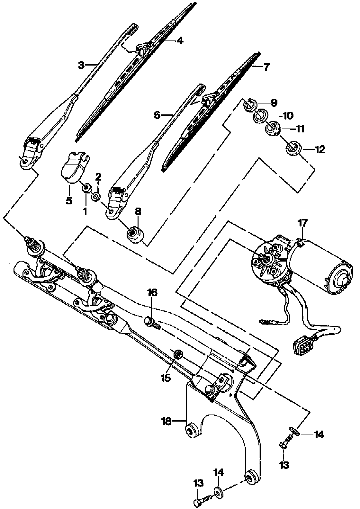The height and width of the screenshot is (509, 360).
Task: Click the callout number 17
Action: point(303,223)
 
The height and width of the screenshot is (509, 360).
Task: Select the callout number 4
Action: point(180,41)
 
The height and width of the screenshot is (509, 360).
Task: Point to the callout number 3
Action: point(82,66)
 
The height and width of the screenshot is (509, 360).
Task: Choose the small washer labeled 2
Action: point(96,197)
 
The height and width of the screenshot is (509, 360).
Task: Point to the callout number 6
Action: point(157,115)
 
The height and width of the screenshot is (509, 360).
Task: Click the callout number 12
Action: point(320,149)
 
